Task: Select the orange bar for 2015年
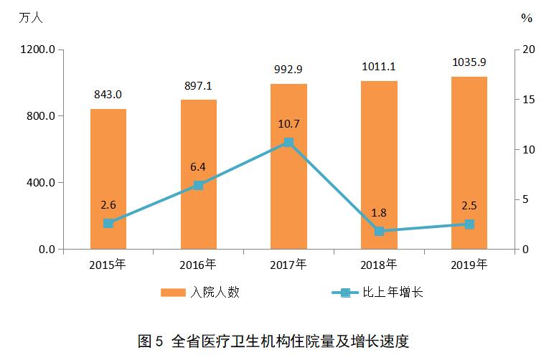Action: point(108,179)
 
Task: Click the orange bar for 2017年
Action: point(288,166)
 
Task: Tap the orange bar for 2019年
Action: point(469,163)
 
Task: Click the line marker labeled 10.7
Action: point(288,142)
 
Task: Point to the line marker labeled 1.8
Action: point(379,231)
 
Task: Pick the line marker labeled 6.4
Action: point(199,185)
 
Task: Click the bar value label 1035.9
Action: point(469,63)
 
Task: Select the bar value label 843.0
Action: point(108,95)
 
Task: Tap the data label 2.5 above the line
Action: point(469,207)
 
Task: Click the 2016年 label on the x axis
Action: point(198,265)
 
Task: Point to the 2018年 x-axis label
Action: point(379,265)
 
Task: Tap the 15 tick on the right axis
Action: point(528,99)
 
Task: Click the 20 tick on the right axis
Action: point(528,49)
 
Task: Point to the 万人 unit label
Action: point(31,18)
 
